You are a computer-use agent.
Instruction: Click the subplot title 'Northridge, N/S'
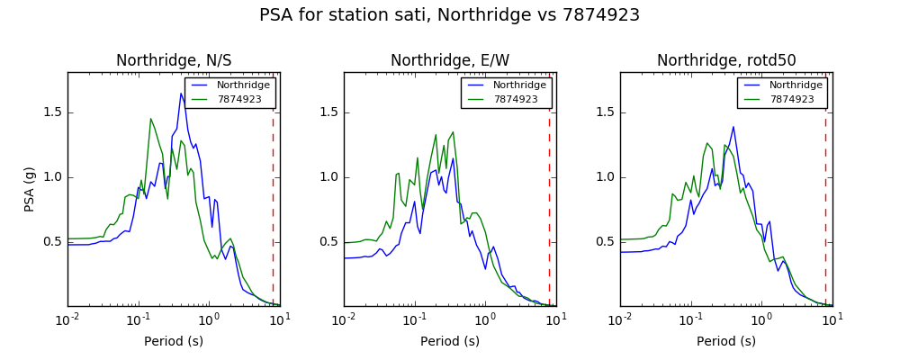174,60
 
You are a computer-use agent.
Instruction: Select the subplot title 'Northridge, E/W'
450,60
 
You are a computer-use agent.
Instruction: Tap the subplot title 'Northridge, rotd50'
726,60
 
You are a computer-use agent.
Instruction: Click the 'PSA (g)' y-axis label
30,190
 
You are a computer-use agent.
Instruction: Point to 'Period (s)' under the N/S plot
174,341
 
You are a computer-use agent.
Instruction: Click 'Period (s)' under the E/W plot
450,341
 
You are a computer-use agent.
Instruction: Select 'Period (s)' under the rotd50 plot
726,341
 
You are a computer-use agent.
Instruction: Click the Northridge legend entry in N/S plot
242,85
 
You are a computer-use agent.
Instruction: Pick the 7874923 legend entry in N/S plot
239,99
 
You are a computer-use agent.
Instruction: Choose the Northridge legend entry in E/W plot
519,85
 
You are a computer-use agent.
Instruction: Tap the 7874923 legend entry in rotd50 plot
792,99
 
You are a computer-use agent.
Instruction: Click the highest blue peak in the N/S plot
181,94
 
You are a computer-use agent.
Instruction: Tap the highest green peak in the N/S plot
151,119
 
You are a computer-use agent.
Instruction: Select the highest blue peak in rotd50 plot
733,127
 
